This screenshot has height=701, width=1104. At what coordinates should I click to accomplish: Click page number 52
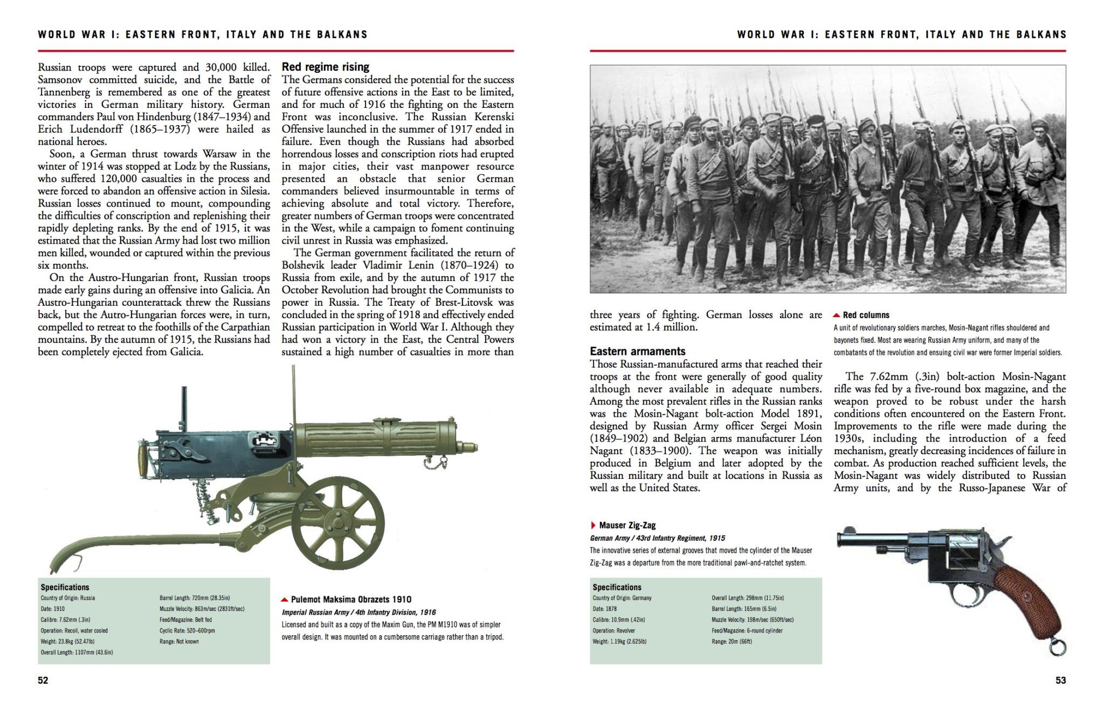tap(43, 681)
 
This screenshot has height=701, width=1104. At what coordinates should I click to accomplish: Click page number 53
tap(1060, 681)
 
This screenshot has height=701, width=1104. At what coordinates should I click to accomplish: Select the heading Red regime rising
tap(325, 67)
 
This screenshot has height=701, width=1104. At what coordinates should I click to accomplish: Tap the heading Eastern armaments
tap(638, 351)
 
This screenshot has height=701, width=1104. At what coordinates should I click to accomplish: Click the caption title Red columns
tap(866, 315)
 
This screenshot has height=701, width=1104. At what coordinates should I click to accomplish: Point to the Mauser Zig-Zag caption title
tap(627, 525)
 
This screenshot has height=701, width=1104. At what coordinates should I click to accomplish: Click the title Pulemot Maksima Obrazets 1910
tap(351, 599)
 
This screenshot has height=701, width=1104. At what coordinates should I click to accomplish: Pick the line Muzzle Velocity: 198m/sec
tap(753, 620)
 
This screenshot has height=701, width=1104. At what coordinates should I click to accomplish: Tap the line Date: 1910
tap(53, 609)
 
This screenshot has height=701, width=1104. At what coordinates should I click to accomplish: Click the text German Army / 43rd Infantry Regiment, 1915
tap(657, 538)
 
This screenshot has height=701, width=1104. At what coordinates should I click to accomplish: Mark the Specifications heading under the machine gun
tap(65, 587)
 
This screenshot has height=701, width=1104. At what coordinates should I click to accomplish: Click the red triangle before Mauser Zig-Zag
tap(593, 525)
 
